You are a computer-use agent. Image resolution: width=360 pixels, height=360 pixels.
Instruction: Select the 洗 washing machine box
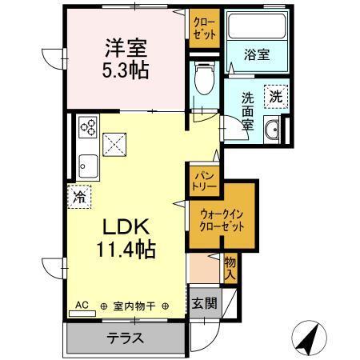tap(275, 95)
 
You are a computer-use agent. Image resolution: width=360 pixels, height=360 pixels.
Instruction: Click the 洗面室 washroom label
tap(248, 111)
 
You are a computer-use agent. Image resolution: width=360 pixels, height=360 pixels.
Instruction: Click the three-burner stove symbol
tap(88, 127)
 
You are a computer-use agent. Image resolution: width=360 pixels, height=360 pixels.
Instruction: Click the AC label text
tap(82, 305)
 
